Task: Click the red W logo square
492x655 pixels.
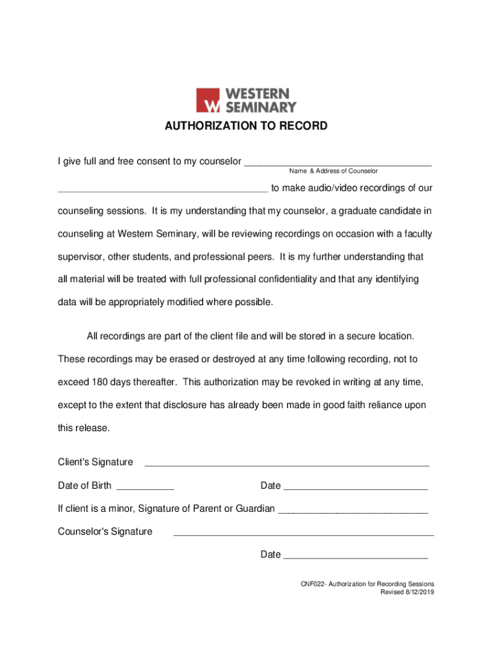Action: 208,100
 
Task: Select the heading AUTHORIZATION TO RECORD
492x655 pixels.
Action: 246,126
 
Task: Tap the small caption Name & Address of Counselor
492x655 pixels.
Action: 333,171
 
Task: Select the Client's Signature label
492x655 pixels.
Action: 95,462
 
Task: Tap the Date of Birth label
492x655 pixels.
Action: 84,485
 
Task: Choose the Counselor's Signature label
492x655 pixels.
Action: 105,532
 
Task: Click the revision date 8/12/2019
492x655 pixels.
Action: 416,592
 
